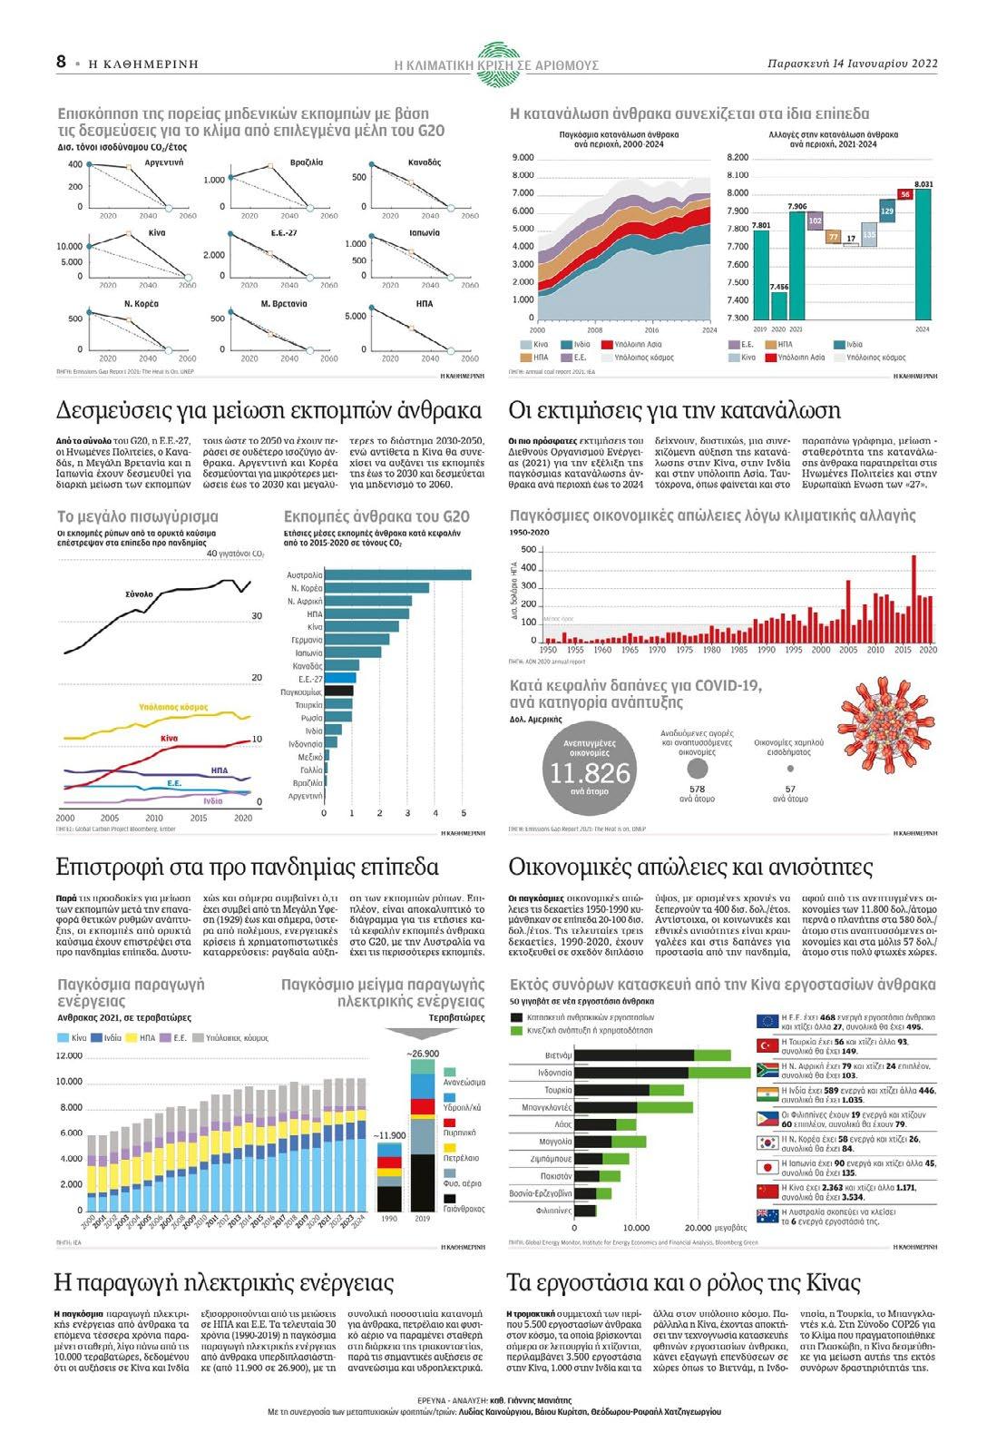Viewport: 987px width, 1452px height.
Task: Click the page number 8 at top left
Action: (61, 61)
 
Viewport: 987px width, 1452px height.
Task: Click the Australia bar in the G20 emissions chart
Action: (397, 574)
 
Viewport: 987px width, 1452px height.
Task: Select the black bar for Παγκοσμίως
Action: (338, 691)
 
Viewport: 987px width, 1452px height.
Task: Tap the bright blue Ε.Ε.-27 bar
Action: (340, 678)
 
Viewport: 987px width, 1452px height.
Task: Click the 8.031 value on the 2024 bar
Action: (923, 184)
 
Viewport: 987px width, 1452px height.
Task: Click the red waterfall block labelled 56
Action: (904, 194)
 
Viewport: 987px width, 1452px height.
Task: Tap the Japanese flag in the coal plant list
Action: (767, 1168)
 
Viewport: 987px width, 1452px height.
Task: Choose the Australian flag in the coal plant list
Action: (767, 1216)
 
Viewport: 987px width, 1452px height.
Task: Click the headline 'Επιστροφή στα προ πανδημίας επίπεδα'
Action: (247, 867)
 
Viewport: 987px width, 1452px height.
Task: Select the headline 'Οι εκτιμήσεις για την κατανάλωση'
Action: (674, 410)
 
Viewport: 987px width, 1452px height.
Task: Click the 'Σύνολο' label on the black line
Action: (139, 594)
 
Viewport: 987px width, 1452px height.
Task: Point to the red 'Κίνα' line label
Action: (169, 739)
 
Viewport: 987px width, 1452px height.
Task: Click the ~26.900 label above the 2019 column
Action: (423, 1054)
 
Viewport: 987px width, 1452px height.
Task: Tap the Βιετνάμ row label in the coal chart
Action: (559, 1055)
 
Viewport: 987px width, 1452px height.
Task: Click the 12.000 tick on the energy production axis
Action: (69, 1056)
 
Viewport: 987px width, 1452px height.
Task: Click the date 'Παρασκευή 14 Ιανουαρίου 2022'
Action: (851, 64)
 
